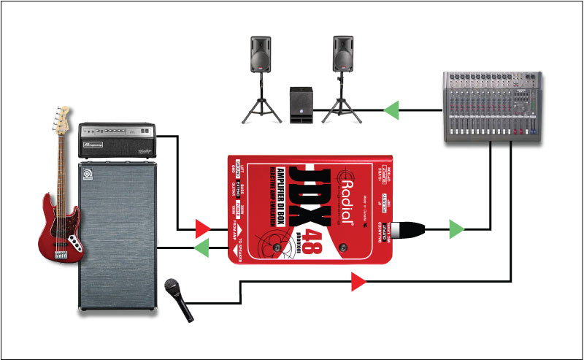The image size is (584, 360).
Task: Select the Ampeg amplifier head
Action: tap(118, 140)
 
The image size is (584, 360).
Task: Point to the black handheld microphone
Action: tap(180, 299)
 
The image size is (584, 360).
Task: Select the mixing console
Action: tap(494, 106)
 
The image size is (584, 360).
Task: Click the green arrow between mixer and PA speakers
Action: tap(392, 111)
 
